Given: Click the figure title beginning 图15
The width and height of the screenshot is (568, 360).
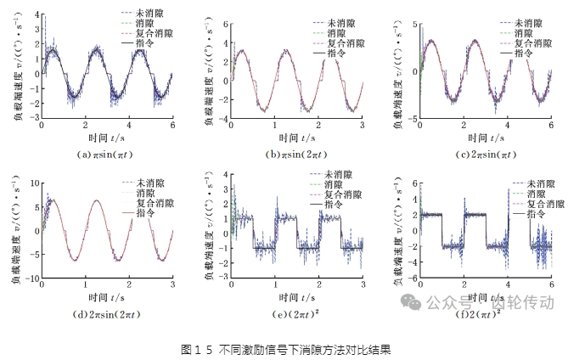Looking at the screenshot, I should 284,348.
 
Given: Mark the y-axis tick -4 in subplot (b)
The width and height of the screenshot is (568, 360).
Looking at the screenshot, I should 218,119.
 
